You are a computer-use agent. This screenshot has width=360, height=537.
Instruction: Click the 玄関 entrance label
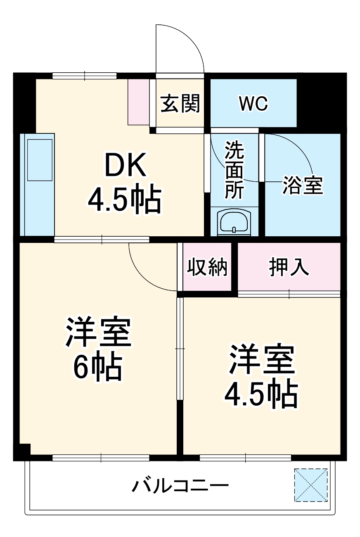(x=180, y=103)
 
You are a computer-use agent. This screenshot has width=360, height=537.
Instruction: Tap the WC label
(x=253, y=104)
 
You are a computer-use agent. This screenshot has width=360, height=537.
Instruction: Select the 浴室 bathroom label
(x=302, y=185)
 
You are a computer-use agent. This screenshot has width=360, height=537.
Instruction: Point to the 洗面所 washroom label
(x=234, y=170)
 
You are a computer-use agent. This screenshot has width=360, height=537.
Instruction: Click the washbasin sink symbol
(x=234, y=223)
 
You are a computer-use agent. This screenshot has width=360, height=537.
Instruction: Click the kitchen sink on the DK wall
(x=40, y=160)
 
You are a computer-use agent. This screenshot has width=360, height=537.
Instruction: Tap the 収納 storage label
(x=207, y=267)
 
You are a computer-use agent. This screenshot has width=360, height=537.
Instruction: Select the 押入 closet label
(x=289, y=267)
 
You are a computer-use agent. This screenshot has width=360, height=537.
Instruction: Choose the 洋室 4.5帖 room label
(x=261, y=375)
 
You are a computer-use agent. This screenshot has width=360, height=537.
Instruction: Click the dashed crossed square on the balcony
(x=311, y=485)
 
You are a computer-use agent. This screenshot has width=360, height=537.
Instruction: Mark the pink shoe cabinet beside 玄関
(x=138, y=101)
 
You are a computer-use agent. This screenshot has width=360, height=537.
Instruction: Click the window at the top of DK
(x=85, y=76)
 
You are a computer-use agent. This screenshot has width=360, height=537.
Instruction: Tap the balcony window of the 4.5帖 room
(x=245, y=458)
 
